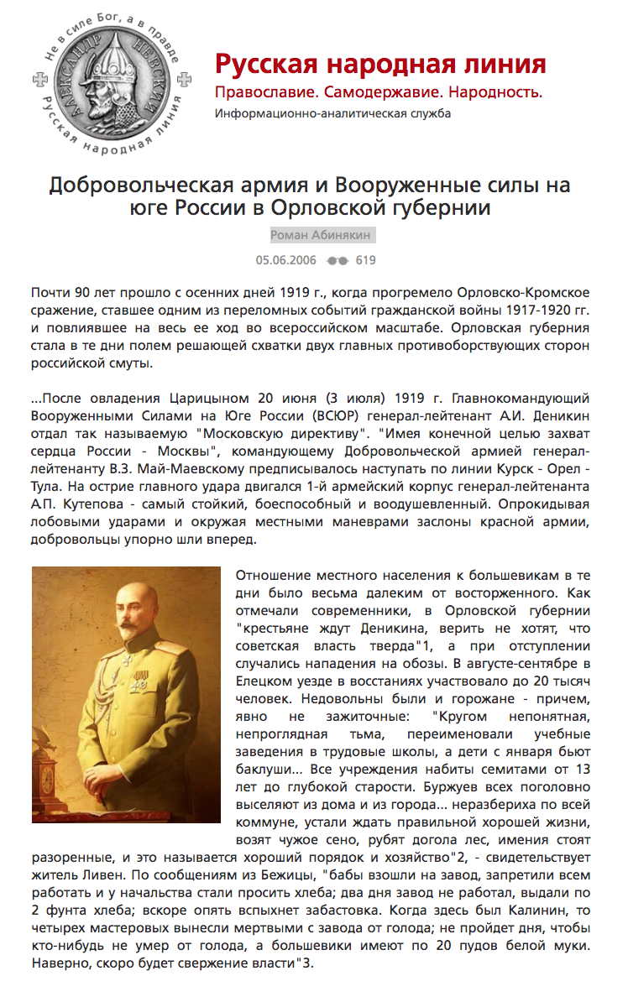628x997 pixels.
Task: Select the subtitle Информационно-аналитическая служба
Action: (x=332, y=113)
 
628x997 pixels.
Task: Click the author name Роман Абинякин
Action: (x=322, y=236)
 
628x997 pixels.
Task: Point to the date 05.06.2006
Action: (x=286, y=260)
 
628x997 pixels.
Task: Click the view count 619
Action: (x=366, y=260)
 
